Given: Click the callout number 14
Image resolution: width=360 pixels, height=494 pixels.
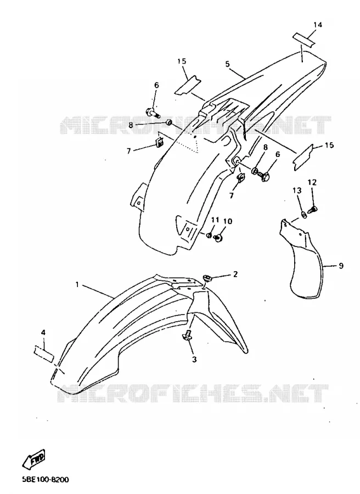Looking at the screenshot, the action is pos(318,25).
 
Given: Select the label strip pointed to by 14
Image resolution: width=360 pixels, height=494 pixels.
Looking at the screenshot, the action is pos(303,40).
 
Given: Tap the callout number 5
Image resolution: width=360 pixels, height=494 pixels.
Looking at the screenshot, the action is pos(227,64).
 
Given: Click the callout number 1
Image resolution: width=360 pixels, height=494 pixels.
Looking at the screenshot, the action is pos(77,284).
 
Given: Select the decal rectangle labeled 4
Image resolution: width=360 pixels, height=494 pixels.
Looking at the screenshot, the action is pos(44,353).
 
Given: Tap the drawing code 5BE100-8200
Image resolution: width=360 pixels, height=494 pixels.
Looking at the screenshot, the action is pos(46,480).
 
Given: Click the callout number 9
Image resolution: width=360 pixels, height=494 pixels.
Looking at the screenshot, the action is pos(341,266).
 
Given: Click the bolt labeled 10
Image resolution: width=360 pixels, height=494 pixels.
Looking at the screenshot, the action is pos(218,238).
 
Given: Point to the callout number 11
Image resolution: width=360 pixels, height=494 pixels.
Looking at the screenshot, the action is pos(215,220).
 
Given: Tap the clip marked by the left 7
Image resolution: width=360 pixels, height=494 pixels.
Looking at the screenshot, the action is pos(160,142).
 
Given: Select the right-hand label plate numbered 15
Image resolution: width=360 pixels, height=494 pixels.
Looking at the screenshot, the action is pos(303,156).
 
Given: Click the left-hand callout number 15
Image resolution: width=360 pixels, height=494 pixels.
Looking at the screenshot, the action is pos(182,61).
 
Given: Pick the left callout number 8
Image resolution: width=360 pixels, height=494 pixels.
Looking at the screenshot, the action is pos(131,125).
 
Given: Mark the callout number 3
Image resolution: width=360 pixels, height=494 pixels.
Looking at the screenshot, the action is pos(194,359).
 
